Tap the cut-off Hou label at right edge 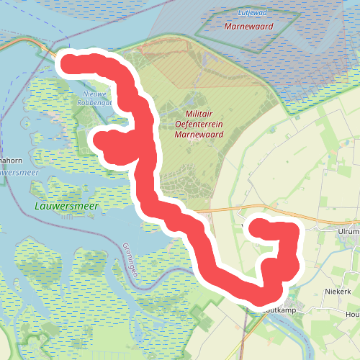[353, 315]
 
